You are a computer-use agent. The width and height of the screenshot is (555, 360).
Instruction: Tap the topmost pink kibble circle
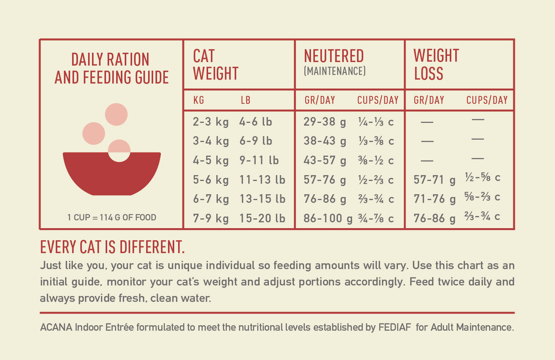coord(116,115)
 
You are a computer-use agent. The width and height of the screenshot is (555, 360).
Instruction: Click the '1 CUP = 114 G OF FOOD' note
coord(111,217)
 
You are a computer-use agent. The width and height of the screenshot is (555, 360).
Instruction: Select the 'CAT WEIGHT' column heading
coord(215,65)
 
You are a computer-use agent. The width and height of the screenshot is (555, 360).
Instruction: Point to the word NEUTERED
coord(334,56)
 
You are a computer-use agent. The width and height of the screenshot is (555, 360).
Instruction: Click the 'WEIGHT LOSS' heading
coord(436,65)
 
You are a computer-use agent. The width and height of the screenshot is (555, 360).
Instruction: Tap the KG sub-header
coord(199,100)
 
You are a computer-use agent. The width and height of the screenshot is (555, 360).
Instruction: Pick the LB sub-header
coord(245,100)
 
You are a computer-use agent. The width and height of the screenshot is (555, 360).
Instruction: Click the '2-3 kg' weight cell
coord(211,122)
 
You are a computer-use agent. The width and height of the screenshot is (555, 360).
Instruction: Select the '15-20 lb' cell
coord(262,218)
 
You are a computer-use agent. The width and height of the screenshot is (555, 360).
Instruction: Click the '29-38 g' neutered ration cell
coord(325,122)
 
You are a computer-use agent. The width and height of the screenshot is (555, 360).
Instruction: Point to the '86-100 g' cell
coord(328,218)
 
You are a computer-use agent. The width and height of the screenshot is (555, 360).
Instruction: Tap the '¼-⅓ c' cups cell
coord(376,122)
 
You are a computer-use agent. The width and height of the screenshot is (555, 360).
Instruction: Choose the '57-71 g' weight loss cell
coord(435,180)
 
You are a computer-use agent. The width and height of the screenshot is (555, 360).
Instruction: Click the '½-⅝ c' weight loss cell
coord(482,178)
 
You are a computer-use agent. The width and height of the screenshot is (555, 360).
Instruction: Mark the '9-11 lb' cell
coord(259,160)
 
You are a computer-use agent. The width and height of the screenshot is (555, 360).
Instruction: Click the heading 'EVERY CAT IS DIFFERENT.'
coord(112,247)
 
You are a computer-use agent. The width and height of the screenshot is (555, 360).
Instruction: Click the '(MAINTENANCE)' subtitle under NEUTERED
coord(335,71)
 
